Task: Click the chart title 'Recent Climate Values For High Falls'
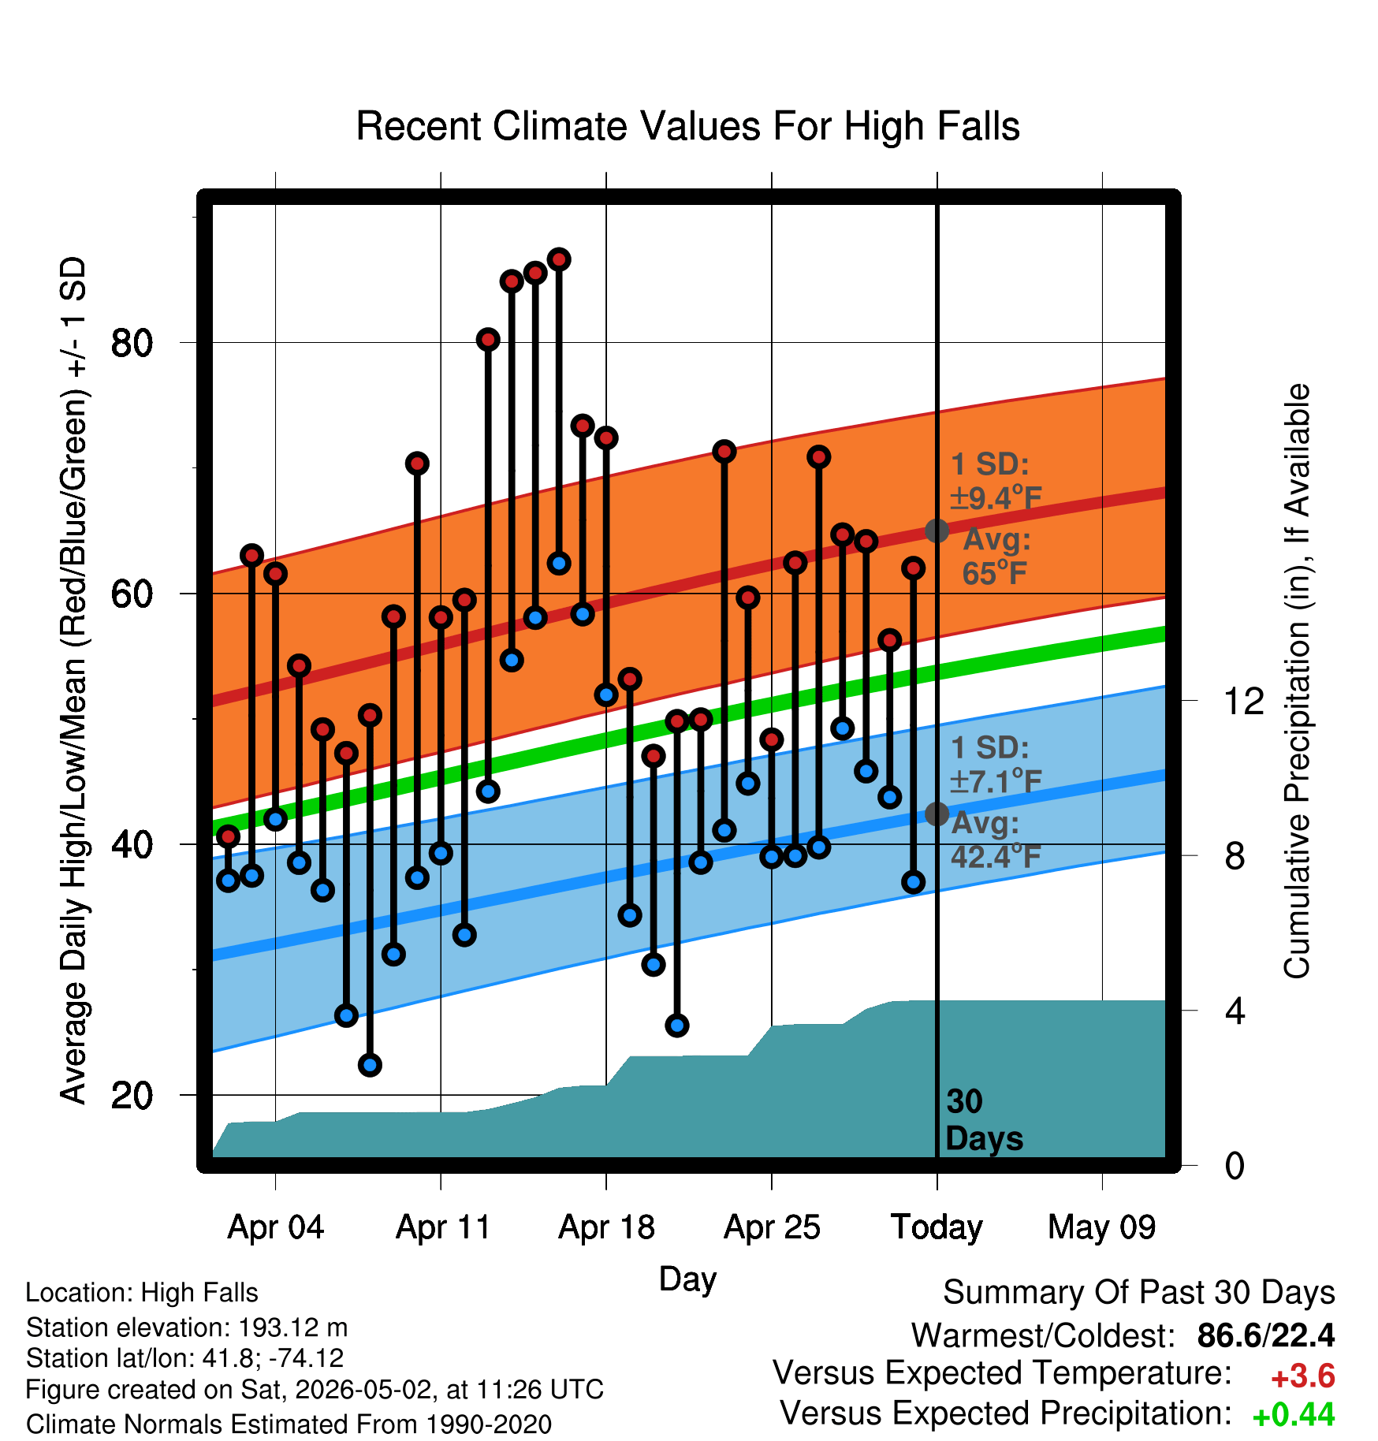pos(687,126)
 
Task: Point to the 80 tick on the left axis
pos(132,343)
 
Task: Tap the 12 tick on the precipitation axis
pos(1244,701)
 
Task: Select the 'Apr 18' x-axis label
pos(606,1227)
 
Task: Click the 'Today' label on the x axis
pos(937,1227)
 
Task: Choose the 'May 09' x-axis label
pos(1102,1227)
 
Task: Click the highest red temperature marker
pos(559,259)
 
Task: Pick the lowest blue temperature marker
pos(370,1065)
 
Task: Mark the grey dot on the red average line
pos(937,531)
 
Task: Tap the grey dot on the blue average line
pos(937,814)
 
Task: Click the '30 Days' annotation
pos(984,1120)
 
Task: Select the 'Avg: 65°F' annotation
pos(996,556)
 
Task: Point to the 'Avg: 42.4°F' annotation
pos(996,840)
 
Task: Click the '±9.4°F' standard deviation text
pos(996,497)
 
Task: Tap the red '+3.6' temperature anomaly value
pos(1303,1376)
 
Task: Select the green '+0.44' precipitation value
pos(1294,1415)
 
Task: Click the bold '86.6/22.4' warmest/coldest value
pos(1266,1335)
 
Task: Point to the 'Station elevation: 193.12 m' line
pos(187,1327)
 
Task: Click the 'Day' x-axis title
pos(687,1279)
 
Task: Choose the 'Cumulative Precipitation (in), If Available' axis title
pos(1297,681)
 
